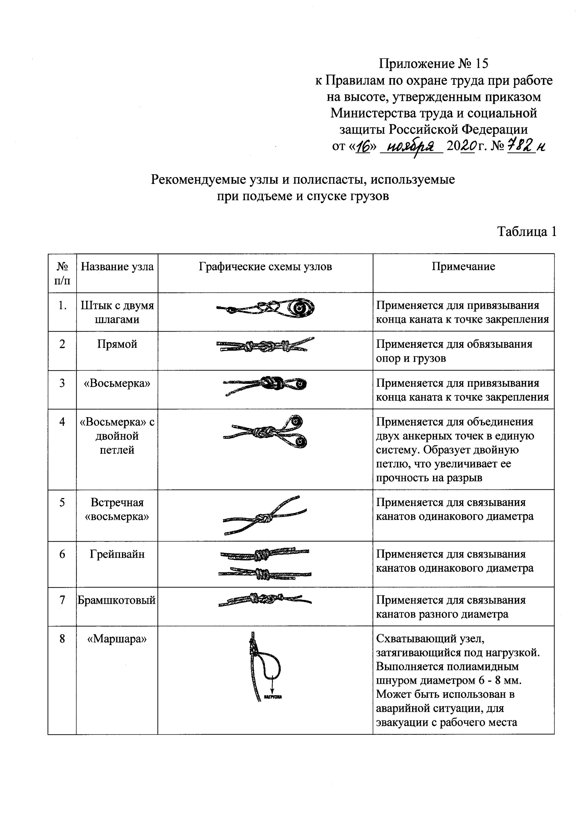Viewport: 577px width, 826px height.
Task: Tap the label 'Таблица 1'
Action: pyautogui.click(x=527, y=231)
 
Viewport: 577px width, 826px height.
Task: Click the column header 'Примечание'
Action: pyautogui.click(x=463, y=267)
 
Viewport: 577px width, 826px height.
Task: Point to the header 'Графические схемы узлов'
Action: pyautogui.click(x=265, y=267)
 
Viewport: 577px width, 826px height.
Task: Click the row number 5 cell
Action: pyautogui.click(x=62, y=503)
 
